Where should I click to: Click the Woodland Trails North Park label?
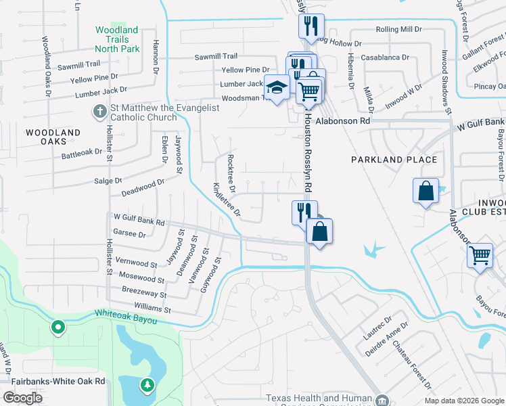(x=116, y=39)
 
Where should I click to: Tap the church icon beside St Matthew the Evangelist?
(x=99, y=111)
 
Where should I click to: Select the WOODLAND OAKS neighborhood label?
(x=53, y=137)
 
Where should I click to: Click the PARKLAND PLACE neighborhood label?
(x=394, y=160)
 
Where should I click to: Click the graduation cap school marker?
(x=276, y=88)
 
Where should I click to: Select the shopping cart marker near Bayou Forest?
(x=480, y=256)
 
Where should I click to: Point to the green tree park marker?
(x=147, y=386)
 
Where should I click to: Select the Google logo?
(x=23, y=397)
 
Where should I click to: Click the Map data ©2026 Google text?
(x=464, y=401)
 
